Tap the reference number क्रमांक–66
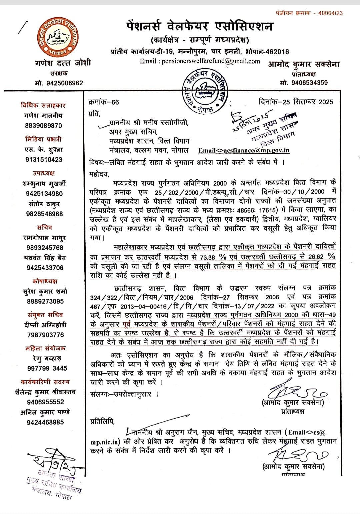[104, 102]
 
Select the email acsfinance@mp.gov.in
[244, 150]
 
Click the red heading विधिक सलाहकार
[43, 105]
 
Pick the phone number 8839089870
[43, 126]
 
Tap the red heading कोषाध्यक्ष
[45, 281]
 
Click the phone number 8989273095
[45, 301]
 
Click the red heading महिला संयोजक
[45, 348]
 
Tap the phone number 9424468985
[45, 422]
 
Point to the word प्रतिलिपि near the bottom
[102, 422]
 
